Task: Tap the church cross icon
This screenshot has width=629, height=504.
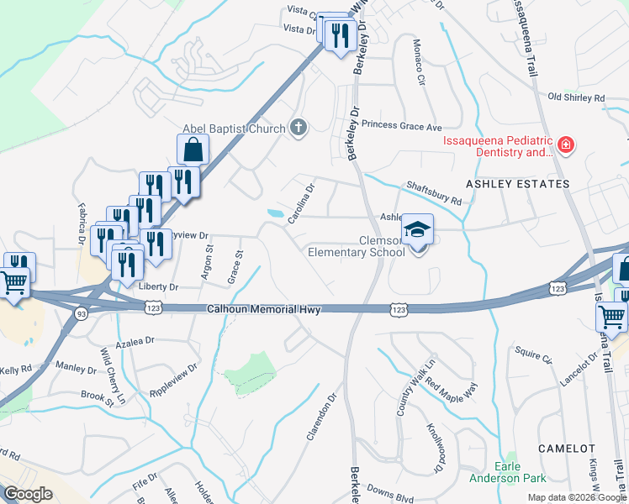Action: click(297, 128)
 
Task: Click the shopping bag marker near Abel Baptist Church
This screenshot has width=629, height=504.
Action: click(193, 150)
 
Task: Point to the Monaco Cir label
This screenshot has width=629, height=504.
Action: click(419, 63)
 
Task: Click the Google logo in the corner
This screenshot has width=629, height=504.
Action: click(29, 493)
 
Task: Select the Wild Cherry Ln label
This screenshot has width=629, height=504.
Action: click(111, 375)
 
